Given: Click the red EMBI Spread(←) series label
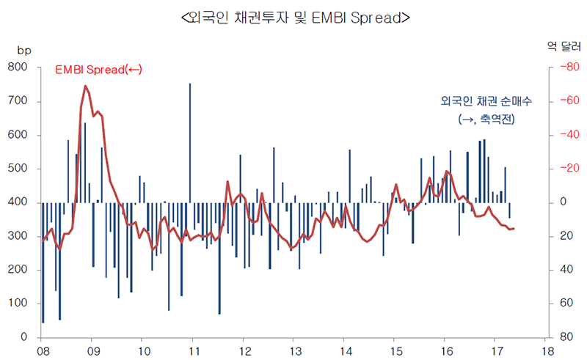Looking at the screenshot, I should (x=98, y=70).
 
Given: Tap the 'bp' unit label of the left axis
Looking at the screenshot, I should (x=24, y=50).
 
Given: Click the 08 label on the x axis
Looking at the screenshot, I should (x=43, y=350).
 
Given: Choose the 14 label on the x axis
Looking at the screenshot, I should (x=343, y=350).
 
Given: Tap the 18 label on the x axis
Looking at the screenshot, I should (x=546, y=350).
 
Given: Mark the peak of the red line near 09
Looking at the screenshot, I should (x=86, y=87).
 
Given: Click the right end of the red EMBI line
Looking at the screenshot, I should (x=514, y=229).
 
